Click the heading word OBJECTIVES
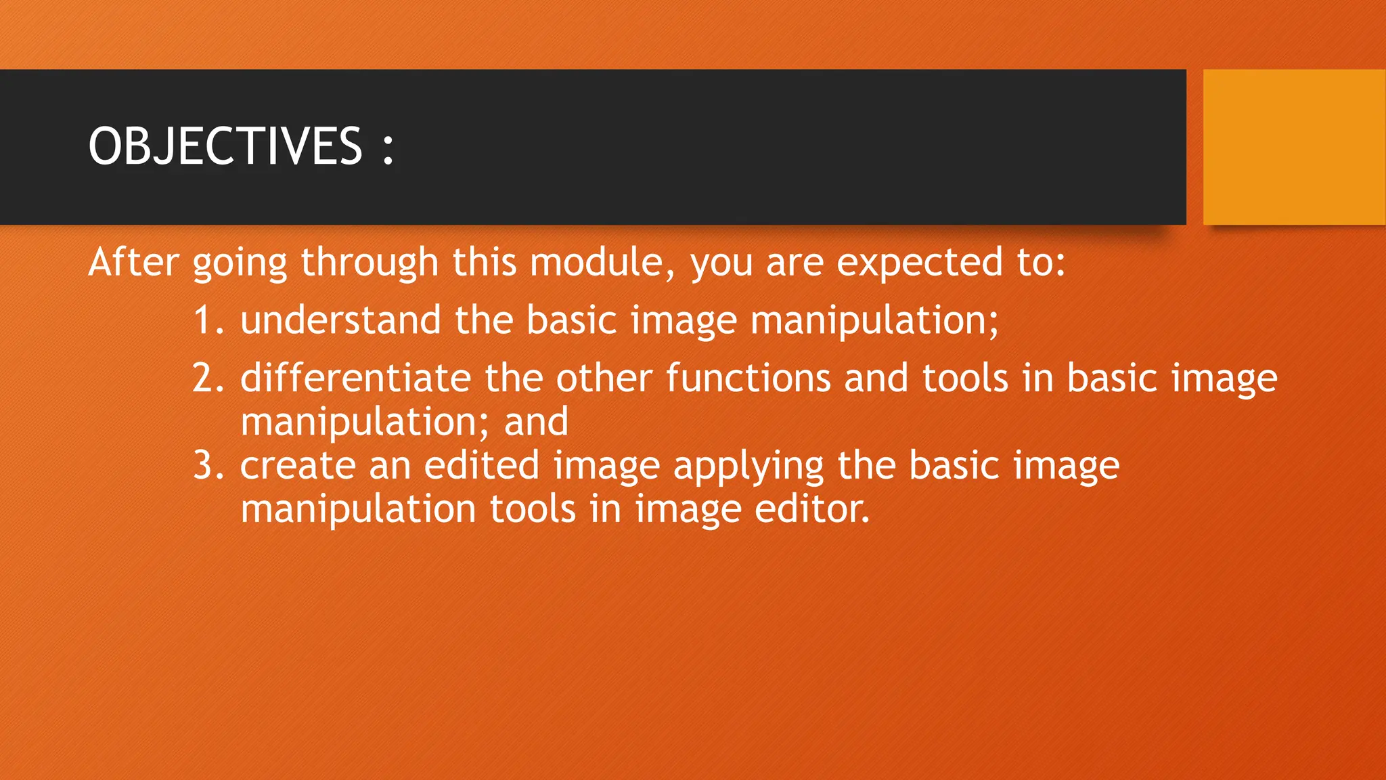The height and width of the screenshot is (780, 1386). [225, 146]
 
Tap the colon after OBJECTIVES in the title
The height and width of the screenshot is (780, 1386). [388, 149]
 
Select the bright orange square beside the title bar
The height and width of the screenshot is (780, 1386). [1294, 147]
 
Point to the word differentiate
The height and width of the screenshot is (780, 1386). [355, 378]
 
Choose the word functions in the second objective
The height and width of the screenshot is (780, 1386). [748, 378]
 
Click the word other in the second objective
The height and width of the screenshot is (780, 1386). [604, 378]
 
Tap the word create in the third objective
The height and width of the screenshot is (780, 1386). [298, 466]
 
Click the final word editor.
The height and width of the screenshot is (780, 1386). [811, 509]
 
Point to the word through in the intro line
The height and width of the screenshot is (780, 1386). [370, 263]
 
